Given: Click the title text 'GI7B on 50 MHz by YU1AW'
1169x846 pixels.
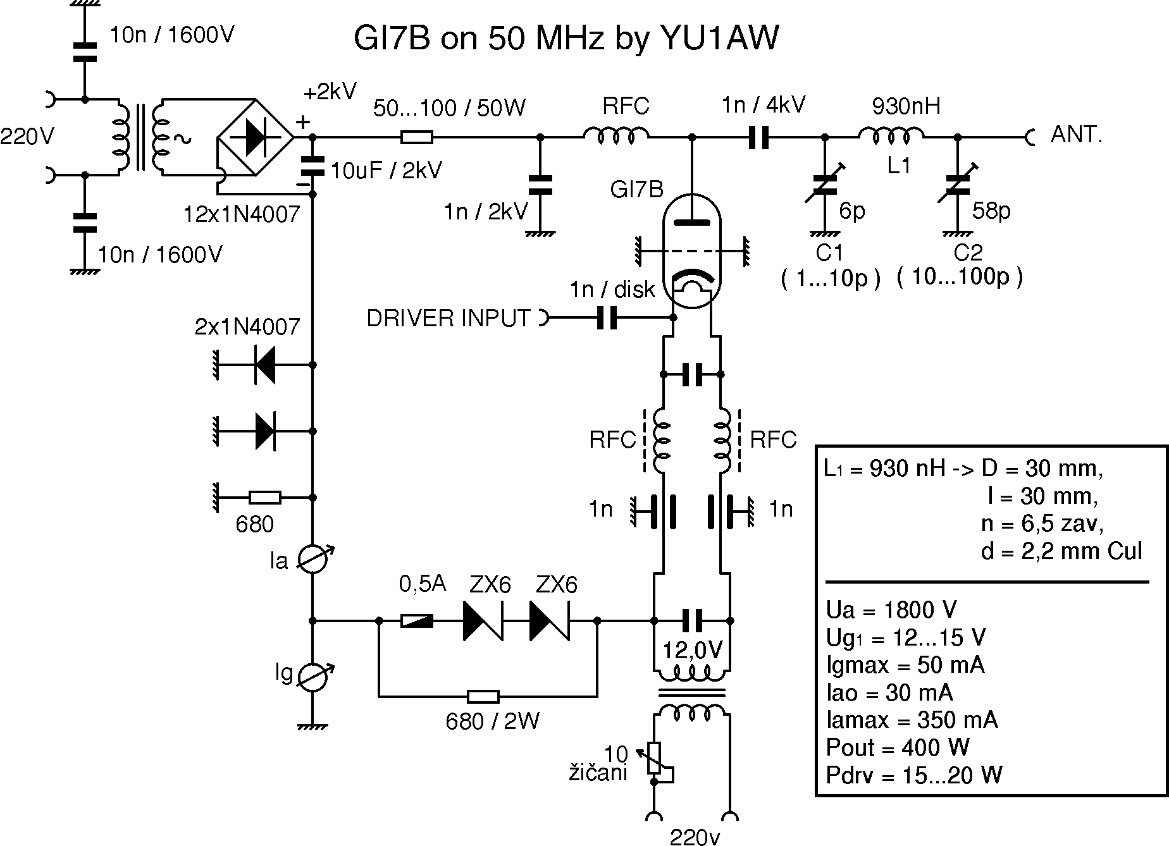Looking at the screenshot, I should (x=566, y=39).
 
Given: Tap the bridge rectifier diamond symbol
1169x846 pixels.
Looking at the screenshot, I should (x=256, y=137).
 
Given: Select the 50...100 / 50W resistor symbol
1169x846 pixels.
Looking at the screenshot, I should (x=417, y=137).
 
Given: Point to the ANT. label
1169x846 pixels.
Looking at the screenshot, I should (x=1077, y=135).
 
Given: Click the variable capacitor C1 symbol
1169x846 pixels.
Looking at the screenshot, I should (x=825, y=184).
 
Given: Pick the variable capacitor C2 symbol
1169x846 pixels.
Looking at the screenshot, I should (x=958, y=184).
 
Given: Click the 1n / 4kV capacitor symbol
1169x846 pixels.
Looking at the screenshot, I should (x=758, y=137).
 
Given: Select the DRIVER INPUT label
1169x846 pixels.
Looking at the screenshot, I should (x=448, y=319).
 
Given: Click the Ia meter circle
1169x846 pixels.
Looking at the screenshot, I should (x=312, y=560).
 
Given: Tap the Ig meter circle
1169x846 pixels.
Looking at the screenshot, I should (x=312, y=677).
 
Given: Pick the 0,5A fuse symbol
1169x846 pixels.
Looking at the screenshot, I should (x=417, y=621).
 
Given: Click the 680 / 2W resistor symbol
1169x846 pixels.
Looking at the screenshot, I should (x=483, y=697).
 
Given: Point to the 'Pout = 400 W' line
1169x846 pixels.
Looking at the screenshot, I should (x=898, y=748).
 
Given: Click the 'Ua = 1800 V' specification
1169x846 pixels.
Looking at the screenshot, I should (x=891, y=610).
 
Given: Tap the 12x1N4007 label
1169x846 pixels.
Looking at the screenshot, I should (x=241, y=215).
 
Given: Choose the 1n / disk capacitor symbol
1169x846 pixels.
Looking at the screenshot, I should (x=607, y=319).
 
